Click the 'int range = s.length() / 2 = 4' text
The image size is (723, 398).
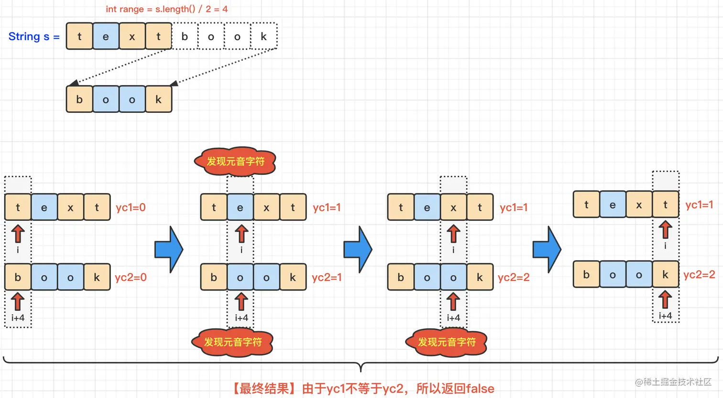point(166,9)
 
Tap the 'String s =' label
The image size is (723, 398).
point(33,37)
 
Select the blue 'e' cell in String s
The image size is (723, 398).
point(106,36)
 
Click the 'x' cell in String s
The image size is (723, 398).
point(132,36)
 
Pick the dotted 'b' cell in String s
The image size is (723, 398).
point(185,36)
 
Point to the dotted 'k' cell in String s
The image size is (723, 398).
point(263,36)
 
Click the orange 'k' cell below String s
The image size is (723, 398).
point(158,99)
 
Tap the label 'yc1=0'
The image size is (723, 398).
point(131,207)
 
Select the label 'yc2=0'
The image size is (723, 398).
point(131,277)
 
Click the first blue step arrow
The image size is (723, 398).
point(169,249)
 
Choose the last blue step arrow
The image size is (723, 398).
point(547,249)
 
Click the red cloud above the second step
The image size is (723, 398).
point(235,161)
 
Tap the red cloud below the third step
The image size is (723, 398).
point(447,342)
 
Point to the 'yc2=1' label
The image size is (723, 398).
point(327,277)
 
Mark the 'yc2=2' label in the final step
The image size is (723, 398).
point(699,275)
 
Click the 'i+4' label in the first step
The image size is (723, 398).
point(18,318)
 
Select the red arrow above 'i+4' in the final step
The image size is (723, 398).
point(665,300)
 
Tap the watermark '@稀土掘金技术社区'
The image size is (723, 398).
point(673,382)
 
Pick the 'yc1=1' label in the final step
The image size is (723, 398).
point(699,205)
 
